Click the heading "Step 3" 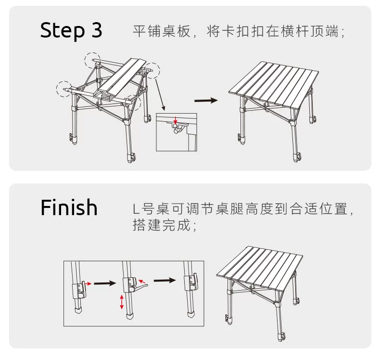pos(71,30)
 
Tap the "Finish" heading pos(69,207)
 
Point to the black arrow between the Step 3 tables pos(206,100)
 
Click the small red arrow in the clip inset pos(176,119)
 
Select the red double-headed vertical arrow pos(122,302)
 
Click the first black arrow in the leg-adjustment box pos(104,283)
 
